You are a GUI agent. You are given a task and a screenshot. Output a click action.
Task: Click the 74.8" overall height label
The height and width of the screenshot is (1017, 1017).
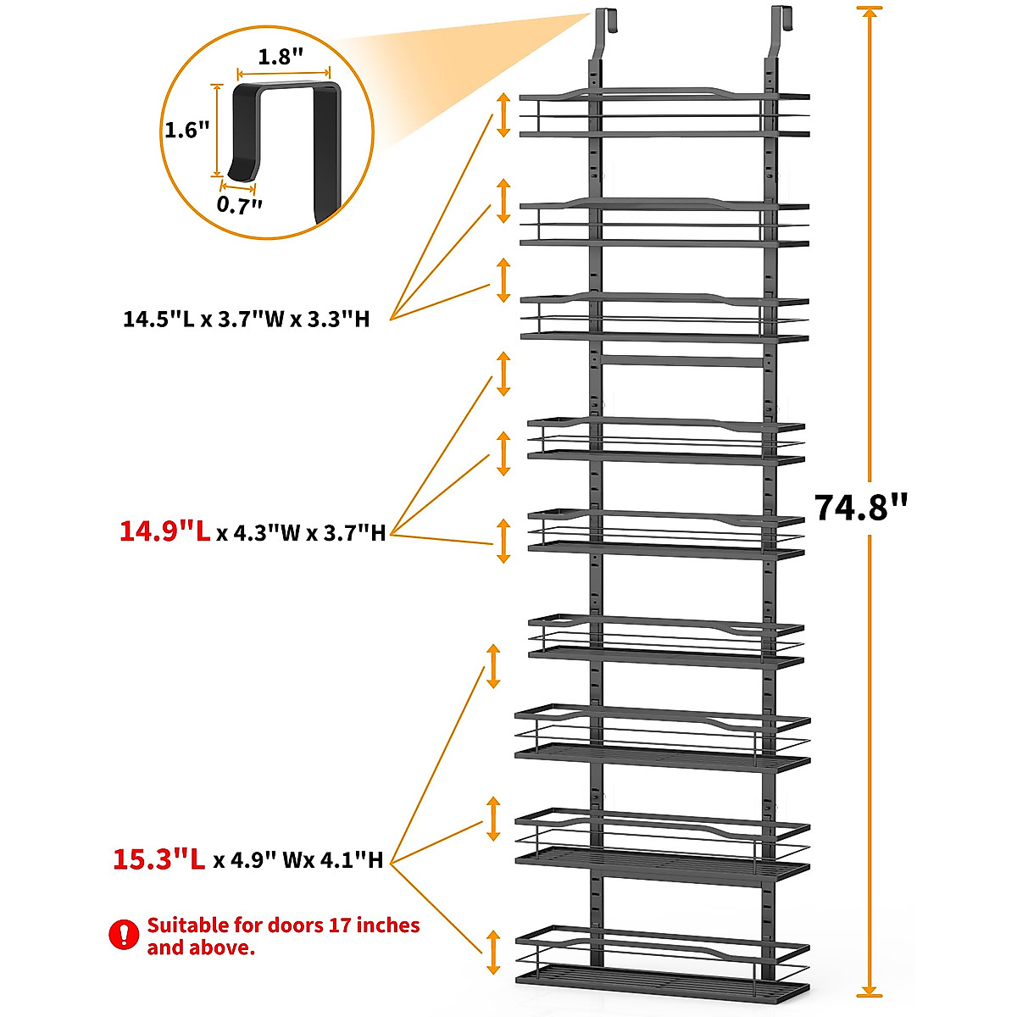[860, 508]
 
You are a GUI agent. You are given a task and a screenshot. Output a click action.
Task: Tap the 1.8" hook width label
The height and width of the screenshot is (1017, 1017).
[281, 58]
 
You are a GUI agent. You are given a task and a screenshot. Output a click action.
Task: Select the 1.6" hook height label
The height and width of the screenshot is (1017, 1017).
[186, 130]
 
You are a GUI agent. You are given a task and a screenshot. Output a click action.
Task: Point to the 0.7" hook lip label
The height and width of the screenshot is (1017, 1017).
[240, 204]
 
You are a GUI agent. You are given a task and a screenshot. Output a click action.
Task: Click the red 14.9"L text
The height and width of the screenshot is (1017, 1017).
[164, 531]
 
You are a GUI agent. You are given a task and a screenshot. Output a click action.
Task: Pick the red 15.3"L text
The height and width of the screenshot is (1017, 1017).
[159, 859]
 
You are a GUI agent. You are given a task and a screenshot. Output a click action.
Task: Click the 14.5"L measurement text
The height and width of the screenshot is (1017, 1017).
[158, 320]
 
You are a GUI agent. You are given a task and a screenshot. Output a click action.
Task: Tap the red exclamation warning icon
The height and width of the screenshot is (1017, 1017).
[124, 935]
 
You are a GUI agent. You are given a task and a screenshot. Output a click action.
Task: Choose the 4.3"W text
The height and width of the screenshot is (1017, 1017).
[254, 533]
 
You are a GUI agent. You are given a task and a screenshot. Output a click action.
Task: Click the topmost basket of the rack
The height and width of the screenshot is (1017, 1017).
[664, 114]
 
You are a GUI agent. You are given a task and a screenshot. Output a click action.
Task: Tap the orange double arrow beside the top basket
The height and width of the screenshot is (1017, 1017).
[503, 114]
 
